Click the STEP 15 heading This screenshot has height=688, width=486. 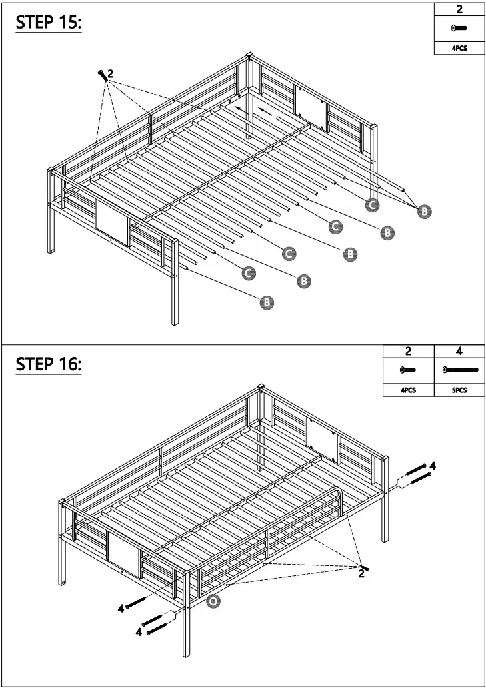[x=48, y=23]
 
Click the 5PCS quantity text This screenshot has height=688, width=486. [x=459, y=390]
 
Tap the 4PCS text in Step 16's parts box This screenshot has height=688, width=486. [x=408, y=390]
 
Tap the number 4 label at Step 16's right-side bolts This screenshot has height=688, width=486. [x=433, y=465]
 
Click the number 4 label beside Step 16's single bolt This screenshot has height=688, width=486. [x=121, y=607]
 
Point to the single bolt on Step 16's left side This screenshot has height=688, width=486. [x=135, y=602]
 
